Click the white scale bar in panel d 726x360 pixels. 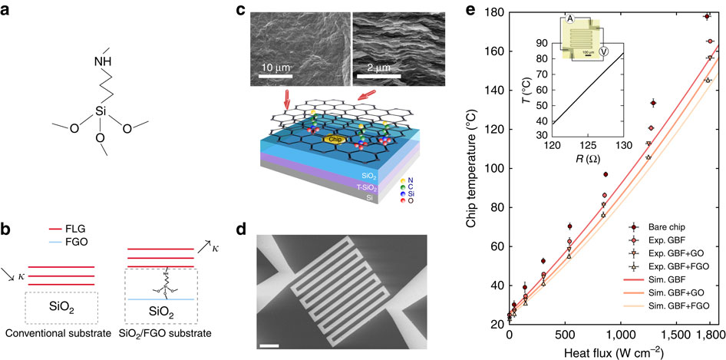click(269, 348)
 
